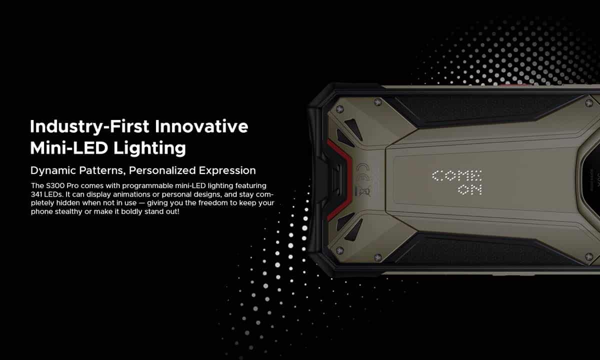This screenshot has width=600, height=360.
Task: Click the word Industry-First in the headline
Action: click(x=89, y=127)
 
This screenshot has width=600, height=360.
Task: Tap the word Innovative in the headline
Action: click(x=201, y=126)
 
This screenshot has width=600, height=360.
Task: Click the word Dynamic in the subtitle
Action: click(x=52, y=171)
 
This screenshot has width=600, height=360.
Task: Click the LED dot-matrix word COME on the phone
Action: click(x=457, y=175)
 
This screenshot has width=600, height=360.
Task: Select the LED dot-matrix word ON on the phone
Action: click(x=470, y=189)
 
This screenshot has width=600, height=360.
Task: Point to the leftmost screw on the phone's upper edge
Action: click(x=339, y=109)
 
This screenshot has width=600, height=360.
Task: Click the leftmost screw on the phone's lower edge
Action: click(x=339, y=250)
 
